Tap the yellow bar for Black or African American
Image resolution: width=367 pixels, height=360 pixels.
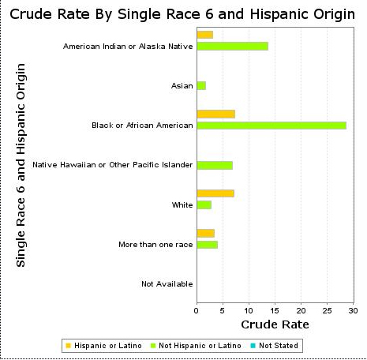click(x=215, y=114)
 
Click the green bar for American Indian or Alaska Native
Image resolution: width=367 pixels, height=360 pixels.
click(x=232, y=47)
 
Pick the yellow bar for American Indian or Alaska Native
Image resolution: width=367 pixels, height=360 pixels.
click(x=204, y=35)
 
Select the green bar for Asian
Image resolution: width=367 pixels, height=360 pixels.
click(x=201, y=85)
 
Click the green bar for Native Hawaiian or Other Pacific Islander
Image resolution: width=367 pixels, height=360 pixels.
click(x=214, y=165)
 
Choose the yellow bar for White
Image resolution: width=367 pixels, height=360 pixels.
click(x=215, y=193)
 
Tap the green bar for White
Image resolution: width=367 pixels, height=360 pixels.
click(x=204, y=205)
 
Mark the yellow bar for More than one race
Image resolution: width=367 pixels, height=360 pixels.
click(x=205, y=233)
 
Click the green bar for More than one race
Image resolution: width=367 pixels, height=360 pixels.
click(x=207, y=245)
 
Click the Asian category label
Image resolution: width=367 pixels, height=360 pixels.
click(x=182, y=86)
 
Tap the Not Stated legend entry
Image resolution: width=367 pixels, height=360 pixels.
click(x=274, y=346)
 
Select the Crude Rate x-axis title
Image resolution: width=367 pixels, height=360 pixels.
click(x=275, y=324)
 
